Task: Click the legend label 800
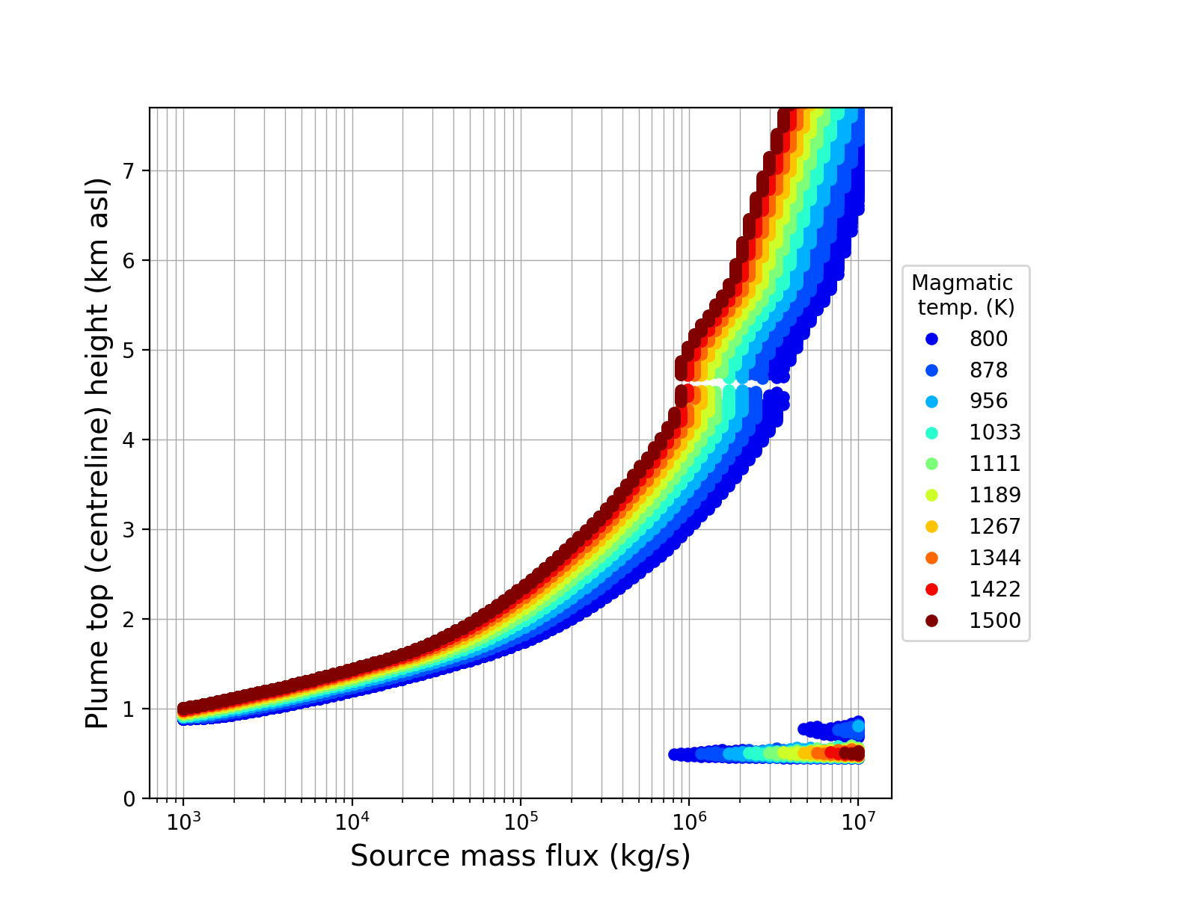point(988,339)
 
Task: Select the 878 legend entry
point(988,371)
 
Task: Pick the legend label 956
point(988,401)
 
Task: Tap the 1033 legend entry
point(995,433)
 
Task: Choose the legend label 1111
point(995,464)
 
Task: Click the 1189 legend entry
point(995,496)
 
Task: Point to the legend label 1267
point(995,527)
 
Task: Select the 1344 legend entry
point(995,558)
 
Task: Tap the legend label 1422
point(995,590)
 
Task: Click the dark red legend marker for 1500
point(931,621)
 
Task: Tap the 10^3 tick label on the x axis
point(183,820)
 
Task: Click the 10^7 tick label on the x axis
point(858,820)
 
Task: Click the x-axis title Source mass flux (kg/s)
point(520,857)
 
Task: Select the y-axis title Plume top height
point(97,453)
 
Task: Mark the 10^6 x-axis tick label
point(689,820)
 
